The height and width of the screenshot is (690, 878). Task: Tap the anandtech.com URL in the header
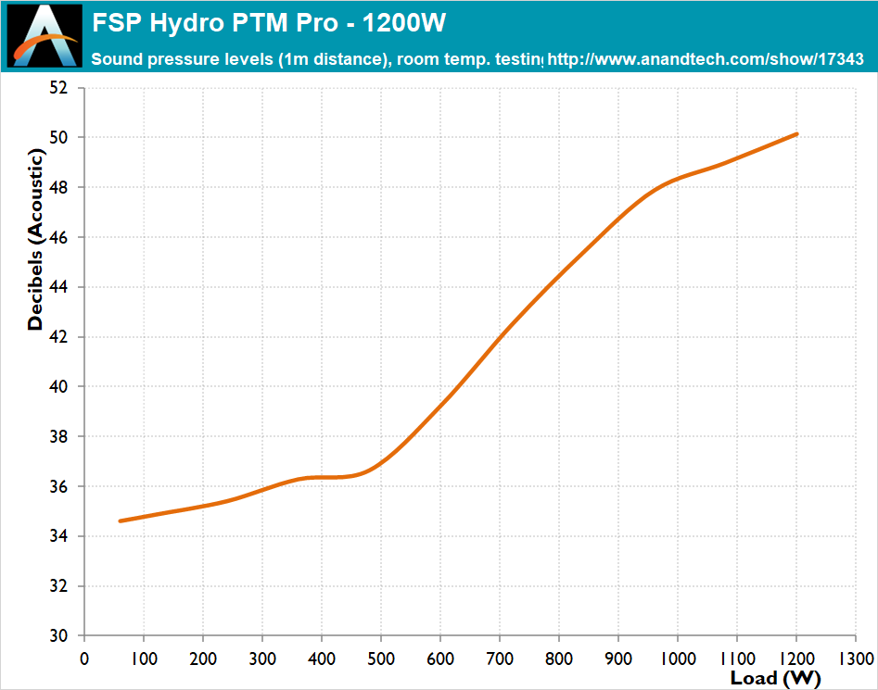pyautogui.click(x=706, y=59)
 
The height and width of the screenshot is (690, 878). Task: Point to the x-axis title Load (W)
pyautogui.click(x=775, y=678)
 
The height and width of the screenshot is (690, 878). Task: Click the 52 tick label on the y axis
pyautogui.click(x=58, y=88)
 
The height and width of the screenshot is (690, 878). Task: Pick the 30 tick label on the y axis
pyautogui.click(x=58, y=636)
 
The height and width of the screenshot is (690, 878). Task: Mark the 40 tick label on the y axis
pyautogui.click(x=58, y=387)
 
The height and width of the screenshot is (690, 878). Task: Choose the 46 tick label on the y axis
pyautogui.click(x=58, y=237)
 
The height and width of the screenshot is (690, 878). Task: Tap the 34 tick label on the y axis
pyautogui.click(x=58, y=536)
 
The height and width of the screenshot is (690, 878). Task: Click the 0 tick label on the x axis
pyautogui.click(x=84, y=658)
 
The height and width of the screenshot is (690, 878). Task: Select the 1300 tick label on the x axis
pyautogui.click(x=855, y=658)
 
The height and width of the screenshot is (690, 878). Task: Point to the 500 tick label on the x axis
pyautogui.click(x=381, y=658)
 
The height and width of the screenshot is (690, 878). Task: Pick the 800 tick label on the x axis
pyautogui.click(x=559, y=658)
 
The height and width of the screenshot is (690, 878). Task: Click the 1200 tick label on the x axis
pyautogui.click(x=795, y=658)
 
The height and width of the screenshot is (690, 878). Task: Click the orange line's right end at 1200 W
pyautogui.click(x=796, y=134)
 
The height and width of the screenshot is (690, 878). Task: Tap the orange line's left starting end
pyautogui.click(x=121, y=521)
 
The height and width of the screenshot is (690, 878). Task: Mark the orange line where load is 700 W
pyautogui.click(x=500, y=336)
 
